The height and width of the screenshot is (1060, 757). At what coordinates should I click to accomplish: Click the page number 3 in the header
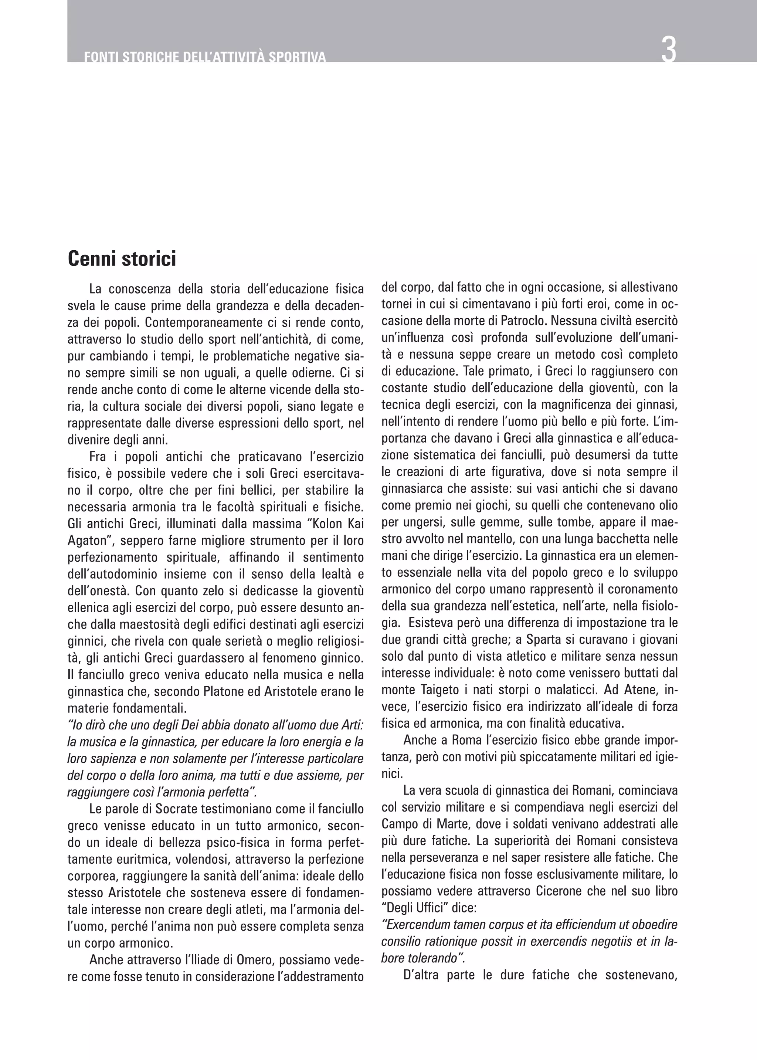(668, 50)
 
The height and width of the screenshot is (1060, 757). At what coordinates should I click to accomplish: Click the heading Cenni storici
(122, 259)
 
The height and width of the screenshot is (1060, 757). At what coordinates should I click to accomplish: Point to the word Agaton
(84, 540)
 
